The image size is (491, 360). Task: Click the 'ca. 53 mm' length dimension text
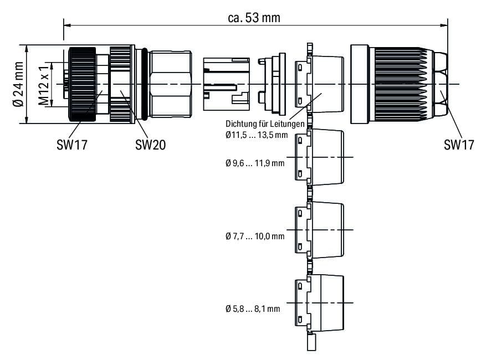[x=254, y=18]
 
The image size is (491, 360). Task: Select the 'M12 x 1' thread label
[x=43, y=84]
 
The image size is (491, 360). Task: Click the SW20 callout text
[x=150, y=145]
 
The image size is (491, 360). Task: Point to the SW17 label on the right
[x=459, y=145]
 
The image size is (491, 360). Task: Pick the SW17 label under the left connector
[x=71, y=145]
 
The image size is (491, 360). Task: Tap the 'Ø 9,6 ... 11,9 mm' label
[x=255, y=163]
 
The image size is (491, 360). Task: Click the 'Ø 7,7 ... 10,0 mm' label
[x=255, y=236]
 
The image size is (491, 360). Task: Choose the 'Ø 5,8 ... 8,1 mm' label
[x=253, y=308]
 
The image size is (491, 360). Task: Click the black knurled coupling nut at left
[x=81, y=84]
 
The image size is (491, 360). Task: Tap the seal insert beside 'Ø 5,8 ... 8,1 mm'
[x=318, y=302]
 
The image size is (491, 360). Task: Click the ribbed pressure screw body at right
[x=402, y=84]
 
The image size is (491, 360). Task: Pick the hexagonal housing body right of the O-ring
[x=171, y=84]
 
